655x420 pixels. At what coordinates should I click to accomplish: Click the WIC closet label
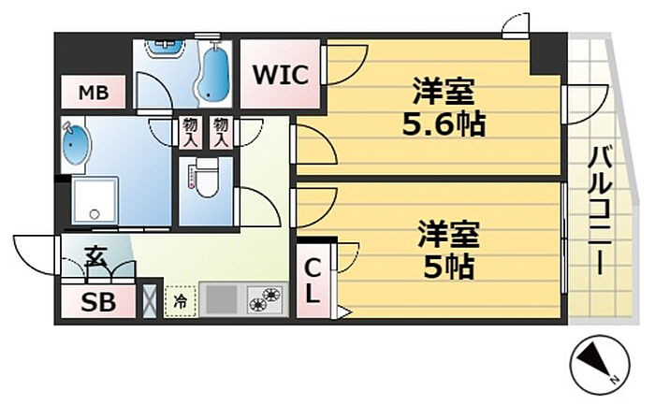pyautogui.click(x=281, y=75)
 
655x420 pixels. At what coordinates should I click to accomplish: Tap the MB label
pyautogui.click(x=94, y=93)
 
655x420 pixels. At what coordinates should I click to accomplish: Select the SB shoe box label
pyautogui.click(x=98, y=302)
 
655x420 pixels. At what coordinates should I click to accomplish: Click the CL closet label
pyautogui.click(x=312, y=281)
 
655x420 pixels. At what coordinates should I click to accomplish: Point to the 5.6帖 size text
pyautogui.click(x=444, y=124)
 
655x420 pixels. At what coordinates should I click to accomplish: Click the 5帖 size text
pyautogui.click(x=449, y=268)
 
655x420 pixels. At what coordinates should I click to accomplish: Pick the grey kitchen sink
pyautogui.click(x=223, y=299)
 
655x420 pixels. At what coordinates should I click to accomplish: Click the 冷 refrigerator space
pyautogui.click(x=180, y=301)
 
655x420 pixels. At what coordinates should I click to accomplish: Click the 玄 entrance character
pyautogui.click(x=95, y=256)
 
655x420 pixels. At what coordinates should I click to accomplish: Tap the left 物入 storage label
pyautogui.click(x=187, y=132)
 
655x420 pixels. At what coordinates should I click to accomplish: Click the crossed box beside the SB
pyautogui.click(x=150, y=301)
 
